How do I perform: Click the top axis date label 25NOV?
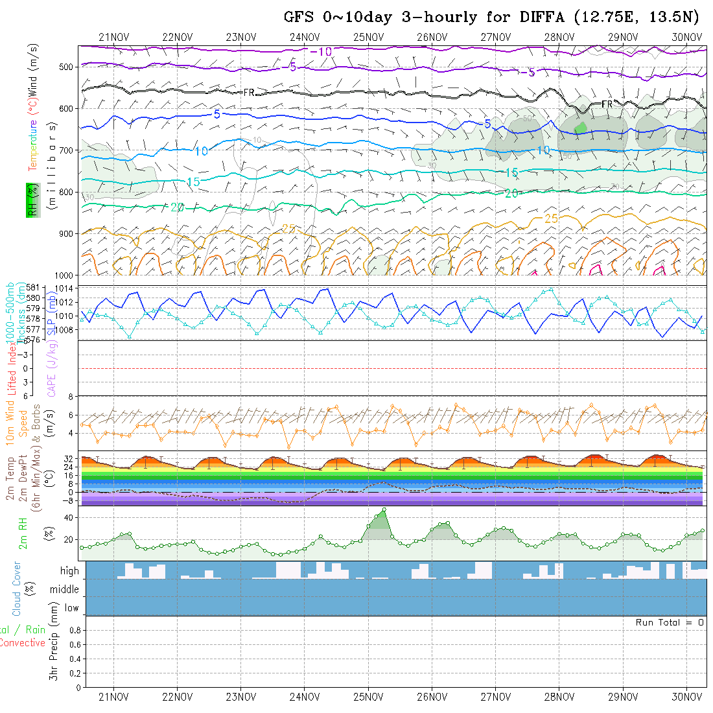pyautogui.click(x=368, y=37)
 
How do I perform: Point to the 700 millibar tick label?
pyautogui.click(x=67, y=150)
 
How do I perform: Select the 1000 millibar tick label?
pyautogui.click(x=65, y=275)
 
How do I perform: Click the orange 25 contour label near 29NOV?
pyautogui.click(x=551, y=218)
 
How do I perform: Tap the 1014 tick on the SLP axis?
pyautogui.click(x=67, y=288)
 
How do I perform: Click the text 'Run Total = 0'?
pyautogui.click(x=670, y=622)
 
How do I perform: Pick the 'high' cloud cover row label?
pyautogui.click(x=69, y=571)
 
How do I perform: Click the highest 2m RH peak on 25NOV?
pyautogui.click(x=384, y=510)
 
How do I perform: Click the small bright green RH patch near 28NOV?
pyautogui.click(x=581, y=128)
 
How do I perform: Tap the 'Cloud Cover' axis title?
pyautogui.click(x=17, y=589)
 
